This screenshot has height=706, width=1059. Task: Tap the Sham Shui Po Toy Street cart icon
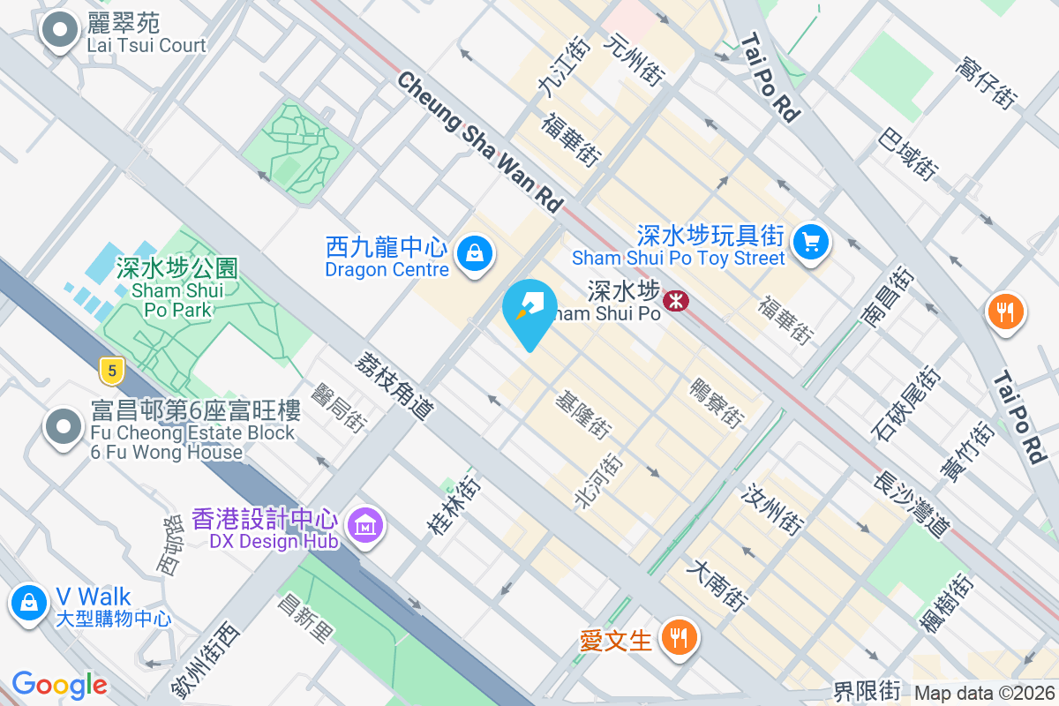tap(811, 242)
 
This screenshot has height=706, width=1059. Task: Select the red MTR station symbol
tap(676, 301)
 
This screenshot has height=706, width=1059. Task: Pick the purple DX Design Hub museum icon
tap(364, 525)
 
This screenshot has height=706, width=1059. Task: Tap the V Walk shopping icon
tap(29, 604)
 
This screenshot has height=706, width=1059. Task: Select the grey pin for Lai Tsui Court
tap(60, 31)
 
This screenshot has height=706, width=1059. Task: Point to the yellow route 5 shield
tap(109, 370)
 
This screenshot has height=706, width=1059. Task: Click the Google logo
tap(60, 685)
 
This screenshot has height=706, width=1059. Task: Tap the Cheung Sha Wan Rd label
tap(479, 141)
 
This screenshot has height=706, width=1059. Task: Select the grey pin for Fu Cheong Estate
tap(63, 428)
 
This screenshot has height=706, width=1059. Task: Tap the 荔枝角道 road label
tap(395, 386)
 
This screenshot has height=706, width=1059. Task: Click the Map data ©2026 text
tap(984, 694)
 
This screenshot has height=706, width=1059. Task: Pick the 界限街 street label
tap(867, 689)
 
